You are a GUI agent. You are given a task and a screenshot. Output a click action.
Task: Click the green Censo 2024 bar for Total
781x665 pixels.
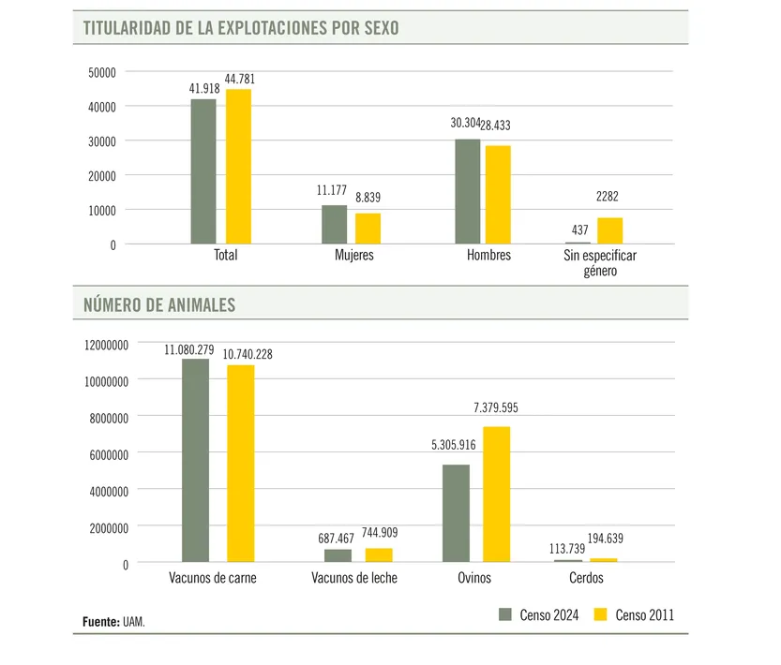203,171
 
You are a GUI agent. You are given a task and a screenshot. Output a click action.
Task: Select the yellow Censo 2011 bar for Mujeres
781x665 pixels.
368,229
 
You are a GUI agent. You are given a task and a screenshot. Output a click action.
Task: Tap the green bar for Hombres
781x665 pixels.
467,192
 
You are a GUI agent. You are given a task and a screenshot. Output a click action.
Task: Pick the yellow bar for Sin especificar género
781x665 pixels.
609,230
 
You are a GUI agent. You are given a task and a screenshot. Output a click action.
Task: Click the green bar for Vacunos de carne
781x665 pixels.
195,460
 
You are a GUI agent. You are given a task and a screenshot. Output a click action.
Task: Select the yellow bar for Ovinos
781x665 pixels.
497,494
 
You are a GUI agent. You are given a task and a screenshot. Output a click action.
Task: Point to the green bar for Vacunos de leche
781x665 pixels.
338,555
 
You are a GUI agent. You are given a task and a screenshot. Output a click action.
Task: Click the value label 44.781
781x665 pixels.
239,79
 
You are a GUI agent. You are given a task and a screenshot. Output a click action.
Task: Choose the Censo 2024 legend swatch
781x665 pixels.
505,615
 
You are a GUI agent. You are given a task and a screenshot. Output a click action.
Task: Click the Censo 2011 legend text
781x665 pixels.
644,615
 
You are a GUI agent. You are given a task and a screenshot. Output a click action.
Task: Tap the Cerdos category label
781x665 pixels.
586,578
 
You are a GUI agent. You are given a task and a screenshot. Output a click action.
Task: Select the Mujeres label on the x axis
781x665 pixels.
354,255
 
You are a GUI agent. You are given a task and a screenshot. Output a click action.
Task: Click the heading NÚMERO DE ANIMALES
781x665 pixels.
159,304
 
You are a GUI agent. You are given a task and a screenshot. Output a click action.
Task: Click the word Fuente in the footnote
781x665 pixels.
98,621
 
